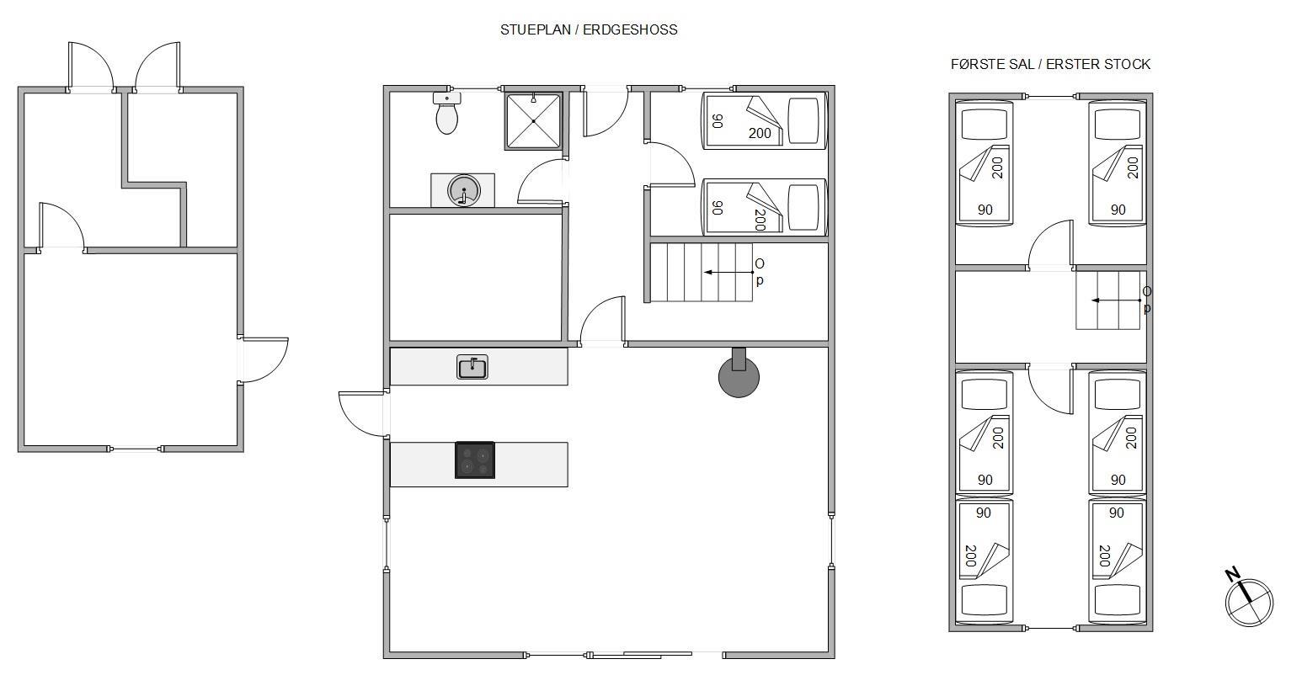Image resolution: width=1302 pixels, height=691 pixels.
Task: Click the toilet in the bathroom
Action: tap(446, 113)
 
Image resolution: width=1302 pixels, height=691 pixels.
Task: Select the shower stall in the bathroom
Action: tap(534, 121)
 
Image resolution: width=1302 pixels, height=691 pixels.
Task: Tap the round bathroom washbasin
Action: tap(464, 190)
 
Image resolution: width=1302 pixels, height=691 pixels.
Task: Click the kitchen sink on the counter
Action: tap(472, 367)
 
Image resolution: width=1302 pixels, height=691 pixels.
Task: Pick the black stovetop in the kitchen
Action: tap(475, 460)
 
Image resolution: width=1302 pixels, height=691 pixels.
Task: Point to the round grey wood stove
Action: tap(739, 376)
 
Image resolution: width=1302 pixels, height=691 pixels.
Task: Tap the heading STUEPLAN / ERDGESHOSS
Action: tap(589, 29)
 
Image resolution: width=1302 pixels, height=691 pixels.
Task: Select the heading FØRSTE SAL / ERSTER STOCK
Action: tap(1050, 64)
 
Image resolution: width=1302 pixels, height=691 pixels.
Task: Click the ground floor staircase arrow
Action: tap(728, 272)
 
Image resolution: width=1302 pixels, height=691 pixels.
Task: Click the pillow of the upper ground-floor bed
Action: tap(803, 121)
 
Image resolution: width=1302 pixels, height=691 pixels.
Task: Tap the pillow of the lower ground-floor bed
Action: tap(803, 208)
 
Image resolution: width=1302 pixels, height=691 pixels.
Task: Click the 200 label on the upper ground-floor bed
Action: tap(760, 134)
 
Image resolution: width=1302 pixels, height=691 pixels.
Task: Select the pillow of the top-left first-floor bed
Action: tap(984, 124)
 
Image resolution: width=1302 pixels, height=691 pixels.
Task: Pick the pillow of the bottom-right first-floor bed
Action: tap(1117, 600)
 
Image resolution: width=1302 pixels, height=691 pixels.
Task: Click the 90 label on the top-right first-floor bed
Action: tap(1118, 210)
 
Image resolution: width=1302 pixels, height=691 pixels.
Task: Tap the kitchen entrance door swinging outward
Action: tap(363, 413)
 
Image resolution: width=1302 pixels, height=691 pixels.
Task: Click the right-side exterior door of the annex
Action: tap(263, 360)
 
